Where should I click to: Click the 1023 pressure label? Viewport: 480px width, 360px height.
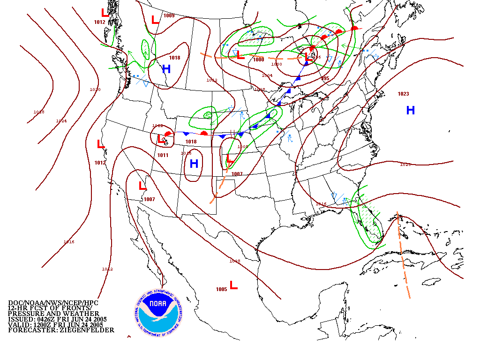pos(403,94)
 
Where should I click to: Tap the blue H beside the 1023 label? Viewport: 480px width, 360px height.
pos(411,111)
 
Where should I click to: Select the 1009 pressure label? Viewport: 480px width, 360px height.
pos(169,16)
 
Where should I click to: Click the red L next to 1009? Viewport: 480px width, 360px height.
pos(155,20)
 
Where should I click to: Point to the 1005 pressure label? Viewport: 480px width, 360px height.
pos(222,289)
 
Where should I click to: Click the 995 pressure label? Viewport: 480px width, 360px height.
pos(325,78)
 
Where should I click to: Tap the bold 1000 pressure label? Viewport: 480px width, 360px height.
pos(258,60)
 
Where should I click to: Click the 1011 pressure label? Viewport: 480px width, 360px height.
pos(163,155)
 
